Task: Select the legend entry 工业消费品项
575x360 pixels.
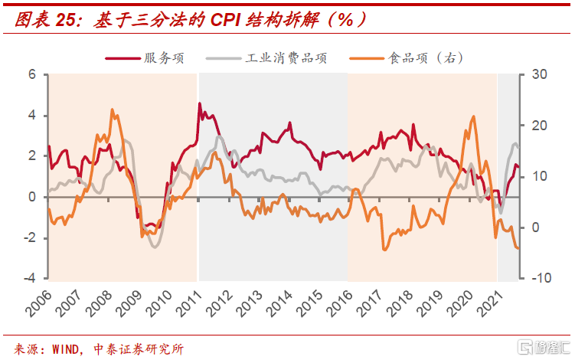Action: (x=286, y=57)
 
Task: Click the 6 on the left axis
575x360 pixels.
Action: (x=33, y=75)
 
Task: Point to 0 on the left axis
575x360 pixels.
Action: (x=33, y=197)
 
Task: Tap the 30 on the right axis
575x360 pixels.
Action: (x=541, y=75)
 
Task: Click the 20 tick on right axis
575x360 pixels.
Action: (x=541, y=126)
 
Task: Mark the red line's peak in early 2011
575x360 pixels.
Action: (x=200, y=103)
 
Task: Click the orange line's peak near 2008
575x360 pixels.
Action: (x=113, y=110)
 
